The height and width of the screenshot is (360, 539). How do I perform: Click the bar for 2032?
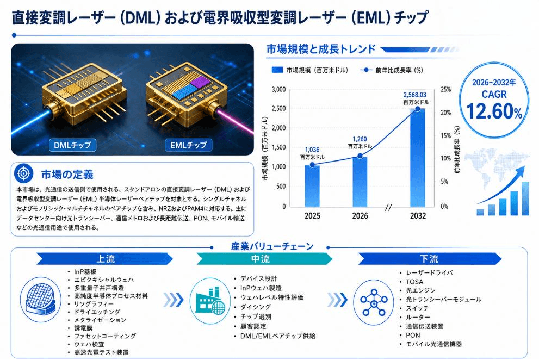point(417,158)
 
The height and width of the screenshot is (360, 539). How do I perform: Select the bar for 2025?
point(312,186)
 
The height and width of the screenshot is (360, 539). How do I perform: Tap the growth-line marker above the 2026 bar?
point(360,156)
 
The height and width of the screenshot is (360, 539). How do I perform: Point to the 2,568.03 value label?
point(415,95)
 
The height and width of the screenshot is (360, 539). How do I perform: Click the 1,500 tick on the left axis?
point(278,147)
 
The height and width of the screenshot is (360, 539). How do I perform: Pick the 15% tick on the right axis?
point(446,136)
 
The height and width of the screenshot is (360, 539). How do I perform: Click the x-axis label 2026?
point(360,216)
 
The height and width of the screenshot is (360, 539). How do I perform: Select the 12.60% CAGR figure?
point(494,111)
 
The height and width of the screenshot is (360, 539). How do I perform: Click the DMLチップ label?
point(72,145)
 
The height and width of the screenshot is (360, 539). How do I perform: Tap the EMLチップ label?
point(188,145)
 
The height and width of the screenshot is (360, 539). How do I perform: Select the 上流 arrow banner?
point(105,259)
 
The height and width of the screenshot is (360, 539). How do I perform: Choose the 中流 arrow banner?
point(264,259)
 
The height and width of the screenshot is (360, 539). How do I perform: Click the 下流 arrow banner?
point(430,259)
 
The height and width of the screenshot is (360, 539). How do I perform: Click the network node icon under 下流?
point(374,302)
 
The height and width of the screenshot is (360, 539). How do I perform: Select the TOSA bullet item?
point(414,282)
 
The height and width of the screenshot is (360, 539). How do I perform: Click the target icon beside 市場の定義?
point(24,173)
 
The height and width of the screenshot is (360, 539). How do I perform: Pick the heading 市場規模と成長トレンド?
point(321,49)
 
